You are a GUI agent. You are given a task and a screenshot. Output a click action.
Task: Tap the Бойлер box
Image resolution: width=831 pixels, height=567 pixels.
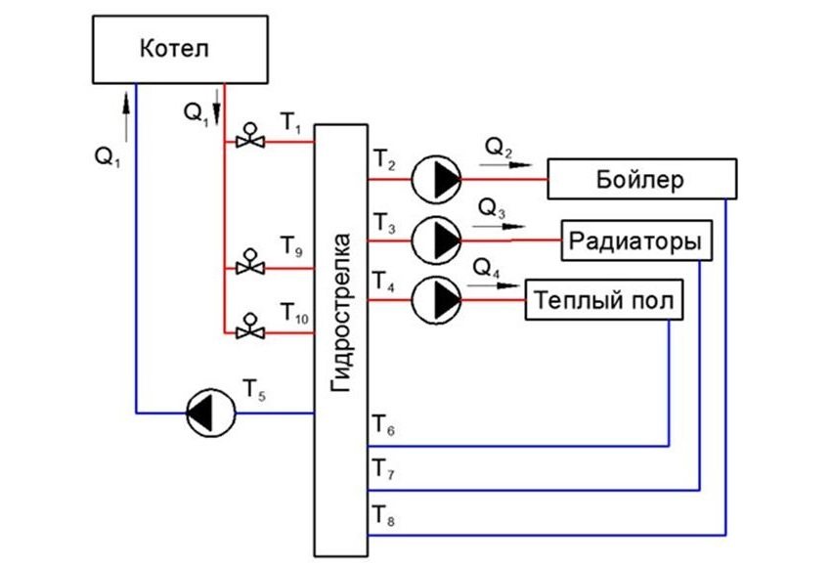pyautogui.click(x=641, y=180)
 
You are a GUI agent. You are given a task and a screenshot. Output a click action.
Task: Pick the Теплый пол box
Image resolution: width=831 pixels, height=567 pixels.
pyautogui.click(x=603, y=300)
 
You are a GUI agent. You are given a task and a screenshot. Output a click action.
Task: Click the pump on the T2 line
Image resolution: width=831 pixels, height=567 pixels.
pyautogui.click(x=436, y=180)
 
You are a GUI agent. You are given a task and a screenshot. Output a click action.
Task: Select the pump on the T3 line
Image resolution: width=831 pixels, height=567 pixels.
pyautogui.click(x=436, y=240)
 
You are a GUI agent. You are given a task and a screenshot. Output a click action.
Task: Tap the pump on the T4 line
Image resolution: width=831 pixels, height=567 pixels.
pyautogui.click(x=436, y=300)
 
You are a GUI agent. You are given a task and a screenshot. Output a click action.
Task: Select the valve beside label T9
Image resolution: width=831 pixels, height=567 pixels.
pyautogui.click(x=249, y=266)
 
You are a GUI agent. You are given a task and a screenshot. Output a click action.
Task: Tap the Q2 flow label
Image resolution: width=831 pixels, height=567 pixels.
pyautogui.click(x=498, y=147)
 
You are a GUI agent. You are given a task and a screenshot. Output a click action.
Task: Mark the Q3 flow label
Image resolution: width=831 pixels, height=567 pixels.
pyautogui.click(x=492, y=207)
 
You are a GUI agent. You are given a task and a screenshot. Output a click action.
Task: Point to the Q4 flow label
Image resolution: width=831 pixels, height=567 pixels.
pyautogui.click(x=486, y=267)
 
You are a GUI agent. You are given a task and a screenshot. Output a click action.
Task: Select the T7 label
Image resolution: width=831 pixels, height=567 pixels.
pyautogui.click(x=383, y=474)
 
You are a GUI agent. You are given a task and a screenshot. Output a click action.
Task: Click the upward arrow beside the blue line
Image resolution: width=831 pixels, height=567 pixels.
pyautogui.click(x=126, y=102)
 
